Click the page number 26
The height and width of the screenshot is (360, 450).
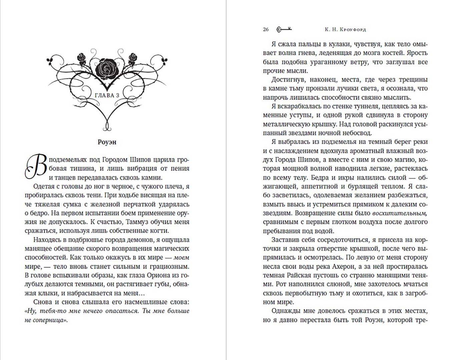266,29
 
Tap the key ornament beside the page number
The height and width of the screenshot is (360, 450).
284,29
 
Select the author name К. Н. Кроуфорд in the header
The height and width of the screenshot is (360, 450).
345,29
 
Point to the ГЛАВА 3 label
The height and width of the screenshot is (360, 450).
107,95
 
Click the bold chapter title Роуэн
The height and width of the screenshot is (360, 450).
107,142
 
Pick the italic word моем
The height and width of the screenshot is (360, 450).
182,257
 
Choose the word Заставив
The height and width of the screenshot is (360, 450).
286,240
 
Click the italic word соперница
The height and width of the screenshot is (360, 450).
48,320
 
